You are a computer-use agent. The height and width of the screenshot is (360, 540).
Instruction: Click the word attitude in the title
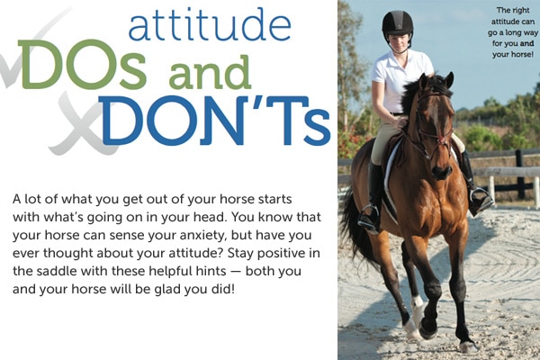[x=210, y=24]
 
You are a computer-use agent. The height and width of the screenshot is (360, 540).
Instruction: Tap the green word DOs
[x=82, y=65]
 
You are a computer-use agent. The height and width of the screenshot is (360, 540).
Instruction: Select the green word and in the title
[x=210, y=72]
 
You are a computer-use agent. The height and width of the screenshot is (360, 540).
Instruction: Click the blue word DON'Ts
[x=214, y=121]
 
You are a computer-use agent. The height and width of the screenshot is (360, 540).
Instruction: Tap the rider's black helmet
[x=398, y=23]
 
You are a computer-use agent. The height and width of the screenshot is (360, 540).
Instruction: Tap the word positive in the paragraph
[x=281, y=254]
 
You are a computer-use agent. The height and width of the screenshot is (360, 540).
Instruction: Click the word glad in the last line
[x=167, y=290]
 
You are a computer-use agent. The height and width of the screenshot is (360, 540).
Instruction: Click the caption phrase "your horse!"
[x=513, y=54]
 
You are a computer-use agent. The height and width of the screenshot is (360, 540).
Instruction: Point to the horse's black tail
[x=355, y=224]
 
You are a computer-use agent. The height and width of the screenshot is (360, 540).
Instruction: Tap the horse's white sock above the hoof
[x=418, y=303]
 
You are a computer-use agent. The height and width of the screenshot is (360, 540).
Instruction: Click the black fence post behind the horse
[x=520, y=174]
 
